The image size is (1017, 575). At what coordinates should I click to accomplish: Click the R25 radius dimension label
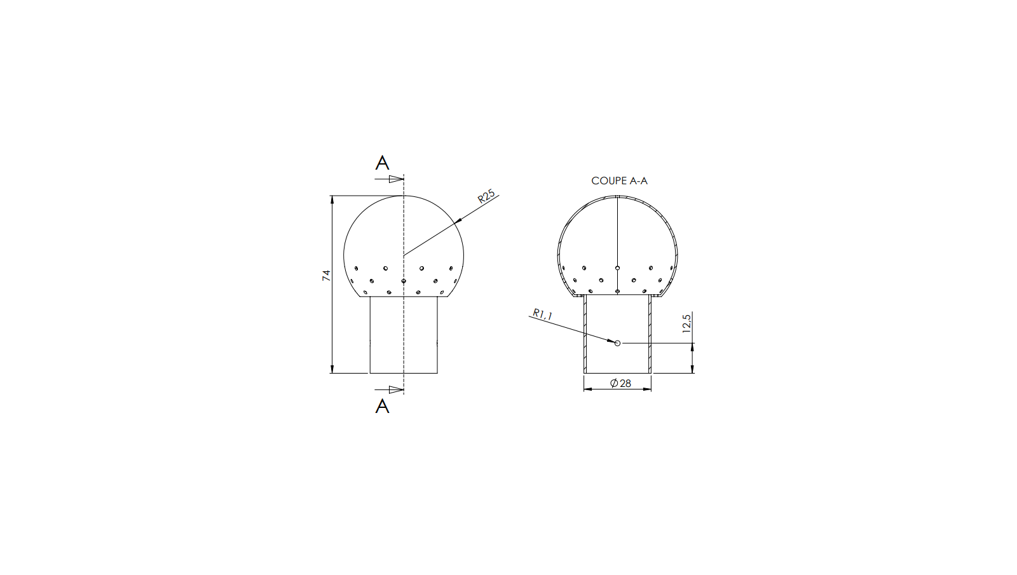click(x=486, y=196)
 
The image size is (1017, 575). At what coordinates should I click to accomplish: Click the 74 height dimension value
click(x=327, y=275)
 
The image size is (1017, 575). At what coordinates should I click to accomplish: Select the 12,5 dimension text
click(x=687, y=323)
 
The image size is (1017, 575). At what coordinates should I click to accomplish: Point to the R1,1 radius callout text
click(x=543, y=315)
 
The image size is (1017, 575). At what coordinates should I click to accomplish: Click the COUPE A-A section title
click(x=619, y=181)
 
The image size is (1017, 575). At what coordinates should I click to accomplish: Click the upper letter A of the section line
click(x=382, y=163)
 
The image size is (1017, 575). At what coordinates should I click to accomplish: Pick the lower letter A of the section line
click(x=382, y=406)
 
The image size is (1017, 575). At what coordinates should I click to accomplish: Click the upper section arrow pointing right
click(x=395, y=179)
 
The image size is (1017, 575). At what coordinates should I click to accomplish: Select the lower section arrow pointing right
click(x=395, y=389)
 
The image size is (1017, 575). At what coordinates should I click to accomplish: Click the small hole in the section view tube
click(x=617, y=343)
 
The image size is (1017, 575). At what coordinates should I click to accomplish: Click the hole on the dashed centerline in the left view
click(x=404, y=281)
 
